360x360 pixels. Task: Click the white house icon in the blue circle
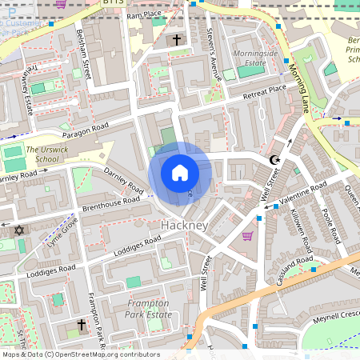[180, 173]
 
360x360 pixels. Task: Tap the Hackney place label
[184, 226]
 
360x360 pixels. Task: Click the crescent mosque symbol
[277, 161]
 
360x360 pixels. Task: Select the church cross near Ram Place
[176, 40]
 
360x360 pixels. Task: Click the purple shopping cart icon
[247, 236]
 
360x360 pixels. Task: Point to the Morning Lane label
[301, 89]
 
